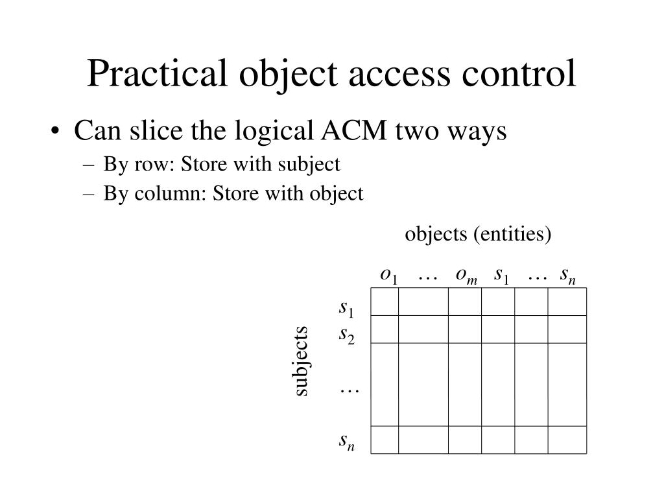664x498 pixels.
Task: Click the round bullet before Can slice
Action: [x=59, y=132]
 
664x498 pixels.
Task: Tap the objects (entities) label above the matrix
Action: [x=478, y=233]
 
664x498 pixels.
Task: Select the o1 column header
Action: [x=389, y=276]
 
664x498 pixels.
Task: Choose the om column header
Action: [x=466, y=276]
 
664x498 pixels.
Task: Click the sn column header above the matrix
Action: [x=568, y=276]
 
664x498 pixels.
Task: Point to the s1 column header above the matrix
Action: [x=501, y=276]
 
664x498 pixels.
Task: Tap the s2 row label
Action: [x=347, y=336]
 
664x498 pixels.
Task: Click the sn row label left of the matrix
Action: [x=347, y=442]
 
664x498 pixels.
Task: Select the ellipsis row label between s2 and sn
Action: [x=349, y=390]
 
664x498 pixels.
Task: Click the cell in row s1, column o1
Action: [x=385, y=302]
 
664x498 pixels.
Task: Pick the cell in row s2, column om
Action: [x=465, y=329]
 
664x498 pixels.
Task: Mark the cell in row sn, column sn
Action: [x=567, y=440]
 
